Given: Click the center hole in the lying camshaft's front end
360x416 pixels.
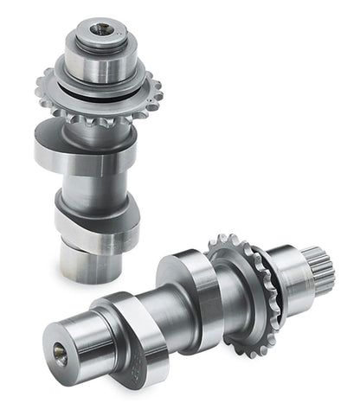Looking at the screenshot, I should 59,349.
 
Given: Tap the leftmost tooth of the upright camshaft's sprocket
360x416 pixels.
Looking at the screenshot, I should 40,86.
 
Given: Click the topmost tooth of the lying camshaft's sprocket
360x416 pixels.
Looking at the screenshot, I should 222,237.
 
